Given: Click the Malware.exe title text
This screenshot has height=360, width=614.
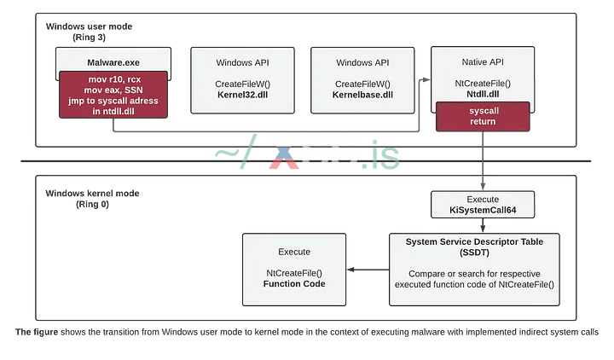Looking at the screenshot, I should [113, 62].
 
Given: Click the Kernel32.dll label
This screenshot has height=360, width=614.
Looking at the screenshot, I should [243, 95].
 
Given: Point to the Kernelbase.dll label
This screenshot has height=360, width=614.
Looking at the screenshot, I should [363, 95].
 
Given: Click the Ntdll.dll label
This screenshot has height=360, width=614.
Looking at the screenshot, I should [484, 95].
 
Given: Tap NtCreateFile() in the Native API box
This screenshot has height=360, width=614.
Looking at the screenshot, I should [484, 84].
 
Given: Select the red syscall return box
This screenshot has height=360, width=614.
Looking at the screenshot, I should [483, 116].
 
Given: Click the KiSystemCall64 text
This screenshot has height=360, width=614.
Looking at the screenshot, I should [484, 209].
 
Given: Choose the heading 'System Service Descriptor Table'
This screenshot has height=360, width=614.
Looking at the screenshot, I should [483, 241].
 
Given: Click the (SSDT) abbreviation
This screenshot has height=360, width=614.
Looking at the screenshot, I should [483, 253].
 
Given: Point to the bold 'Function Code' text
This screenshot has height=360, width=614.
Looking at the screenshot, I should [294, 283].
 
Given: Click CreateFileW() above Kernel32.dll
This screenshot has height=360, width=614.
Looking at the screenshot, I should [243, 84].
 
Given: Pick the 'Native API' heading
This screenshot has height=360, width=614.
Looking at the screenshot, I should [484, 62].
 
